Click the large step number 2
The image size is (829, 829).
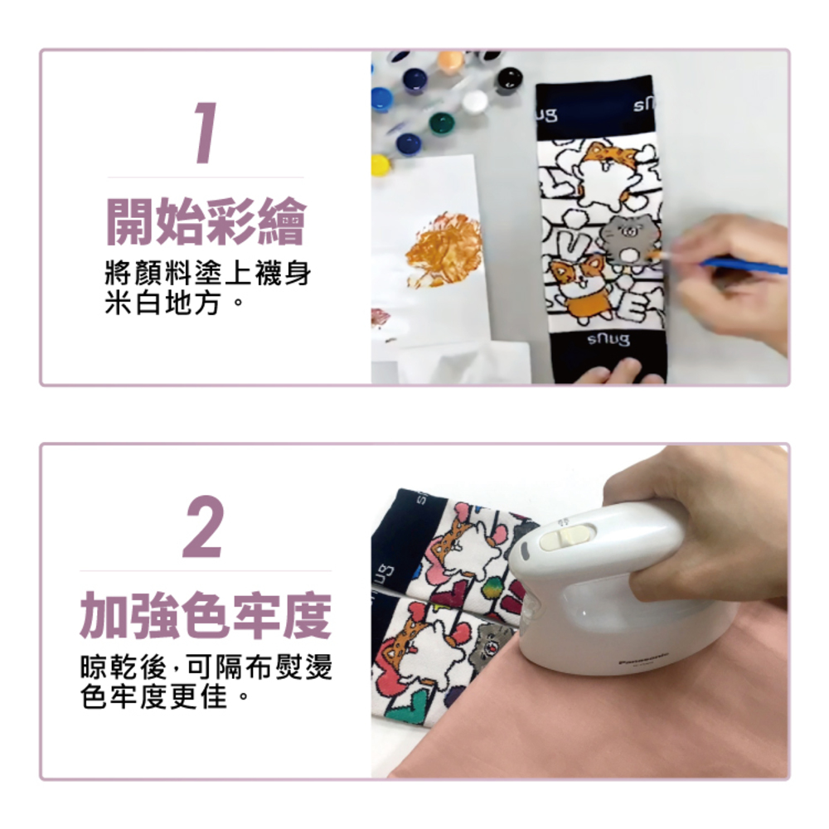(204, 526)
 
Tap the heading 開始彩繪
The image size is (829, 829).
(206, 221)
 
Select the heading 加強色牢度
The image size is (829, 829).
(206, 615)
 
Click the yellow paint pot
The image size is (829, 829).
(381, 165)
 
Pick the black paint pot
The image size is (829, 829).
(509, 79)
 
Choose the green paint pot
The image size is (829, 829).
(442, 124)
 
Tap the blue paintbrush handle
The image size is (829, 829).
(745, 265)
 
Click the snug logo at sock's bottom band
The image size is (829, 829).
(608, 339)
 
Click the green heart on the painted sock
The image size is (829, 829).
(412, 704)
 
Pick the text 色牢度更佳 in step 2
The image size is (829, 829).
(153, 697)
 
